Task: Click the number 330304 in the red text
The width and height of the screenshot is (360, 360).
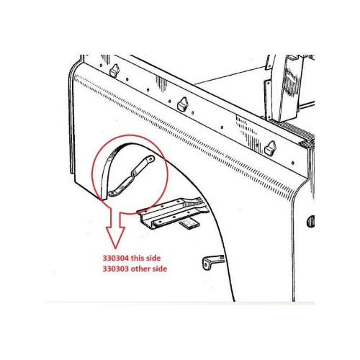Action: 116,258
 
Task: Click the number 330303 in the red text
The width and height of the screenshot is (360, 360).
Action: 116,269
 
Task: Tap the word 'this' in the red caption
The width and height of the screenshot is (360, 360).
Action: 138,258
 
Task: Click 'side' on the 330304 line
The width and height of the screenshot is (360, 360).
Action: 154,258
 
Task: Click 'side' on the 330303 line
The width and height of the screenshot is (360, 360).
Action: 159,269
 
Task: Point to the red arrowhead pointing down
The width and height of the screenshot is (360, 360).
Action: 115,237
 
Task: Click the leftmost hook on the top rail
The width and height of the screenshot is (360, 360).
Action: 114,70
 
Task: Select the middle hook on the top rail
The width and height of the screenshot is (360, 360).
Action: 182,104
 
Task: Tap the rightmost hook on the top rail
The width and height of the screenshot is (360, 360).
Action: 270,148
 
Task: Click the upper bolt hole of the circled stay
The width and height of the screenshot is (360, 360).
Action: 150,158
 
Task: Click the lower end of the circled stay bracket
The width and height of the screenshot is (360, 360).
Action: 112,194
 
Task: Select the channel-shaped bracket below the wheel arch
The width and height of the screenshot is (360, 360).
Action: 171,212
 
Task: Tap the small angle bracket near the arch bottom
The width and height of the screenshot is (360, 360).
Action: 212,262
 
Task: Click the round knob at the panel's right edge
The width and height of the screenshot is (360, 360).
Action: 310,221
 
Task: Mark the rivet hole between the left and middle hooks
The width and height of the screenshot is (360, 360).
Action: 148,90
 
